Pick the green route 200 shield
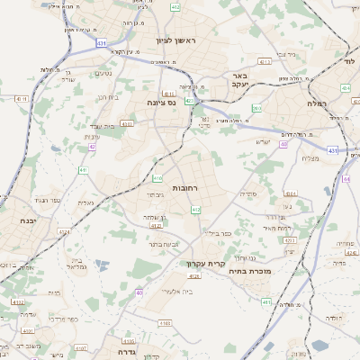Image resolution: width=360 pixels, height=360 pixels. point(256,109)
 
